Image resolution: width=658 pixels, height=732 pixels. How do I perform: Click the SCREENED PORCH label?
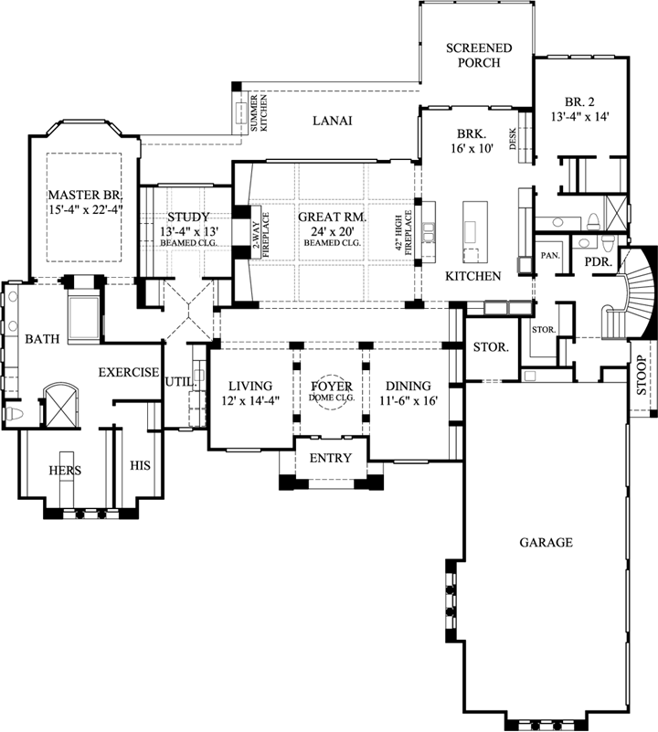point(478,55)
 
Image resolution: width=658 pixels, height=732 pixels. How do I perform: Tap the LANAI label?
point(332,121)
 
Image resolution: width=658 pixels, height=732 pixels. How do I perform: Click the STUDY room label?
point(189,217)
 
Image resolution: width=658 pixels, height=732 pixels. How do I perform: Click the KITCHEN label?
point(472,276)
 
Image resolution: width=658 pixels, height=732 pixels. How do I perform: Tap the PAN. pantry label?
point(551,256)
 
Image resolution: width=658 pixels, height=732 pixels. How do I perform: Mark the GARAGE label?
point(546,542)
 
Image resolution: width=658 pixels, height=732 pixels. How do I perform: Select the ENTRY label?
point(330,458)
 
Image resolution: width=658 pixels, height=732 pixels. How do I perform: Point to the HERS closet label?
point(66,471)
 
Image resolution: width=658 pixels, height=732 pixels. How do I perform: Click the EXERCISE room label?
point(129,373)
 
